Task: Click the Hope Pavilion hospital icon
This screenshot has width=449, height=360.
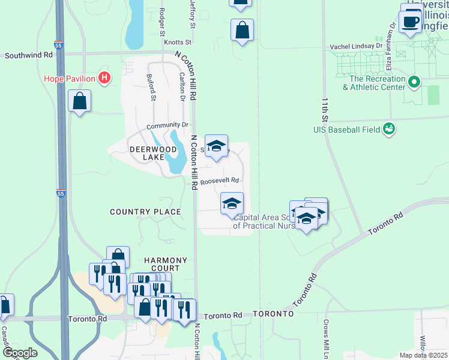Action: [105, 78]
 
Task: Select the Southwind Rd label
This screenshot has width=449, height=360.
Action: [29, 55]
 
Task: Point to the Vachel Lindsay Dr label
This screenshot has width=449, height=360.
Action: [356, 46]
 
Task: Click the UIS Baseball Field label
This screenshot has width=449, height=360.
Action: [346, 129]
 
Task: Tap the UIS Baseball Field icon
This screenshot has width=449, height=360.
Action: [388, 128]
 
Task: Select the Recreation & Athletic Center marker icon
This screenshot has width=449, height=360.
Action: [413, 82]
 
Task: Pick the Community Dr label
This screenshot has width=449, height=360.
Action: [167, 126]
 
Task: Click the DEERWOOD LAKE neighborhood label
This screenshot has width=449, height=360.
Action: [145, 153]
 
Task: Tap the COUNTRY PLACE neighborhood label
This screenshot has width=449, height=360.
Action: [145, 212]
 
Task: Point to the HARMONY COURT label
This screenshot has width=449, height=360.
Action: [166, 264]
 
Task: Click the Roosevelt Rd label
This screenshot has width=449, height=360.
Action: [220, 181]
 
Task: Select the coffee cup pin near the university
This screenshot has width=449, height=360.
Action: [411, 23]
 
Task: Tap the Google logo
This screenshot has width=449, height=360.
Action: [20, 353]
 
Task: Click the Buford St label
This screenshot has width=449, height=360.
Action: [152, 88]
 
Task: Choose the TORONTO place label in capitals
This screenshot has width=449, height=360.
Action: [273, 314]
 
